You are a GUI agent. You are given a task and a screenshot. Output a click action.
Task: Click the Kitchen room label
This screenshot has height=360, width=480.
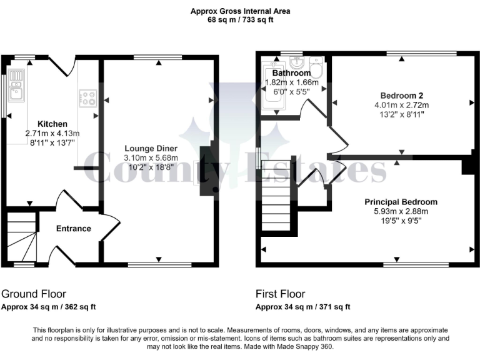[x=52, y=124]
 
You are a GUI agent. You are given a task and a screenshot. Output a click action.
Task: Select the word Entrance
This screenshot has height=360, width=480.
[x=74, y=229]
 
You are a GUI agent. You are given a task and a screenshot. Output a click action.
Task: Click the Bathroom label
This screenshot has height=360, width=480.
[x=291, y=73]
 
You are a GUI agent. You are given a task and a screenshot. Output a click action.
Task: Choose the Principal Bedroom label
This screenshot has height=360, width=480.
[x=401, y=202]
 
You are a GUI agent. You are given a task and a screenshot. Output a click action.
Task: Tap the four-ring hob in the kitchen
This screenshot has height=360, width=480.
[x=87, y=98]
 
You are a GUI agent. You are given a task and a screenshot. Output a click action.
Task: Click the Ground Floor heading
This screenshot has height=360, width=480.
[x=34, y=294]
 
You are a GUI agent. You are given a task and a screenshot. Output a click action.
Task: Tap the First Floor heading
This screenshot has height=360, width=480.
[x=279, y=294]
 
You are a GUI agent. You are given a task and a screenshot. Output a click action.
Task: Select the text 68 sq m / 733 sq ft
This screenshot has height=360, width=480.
[x=240, y=20]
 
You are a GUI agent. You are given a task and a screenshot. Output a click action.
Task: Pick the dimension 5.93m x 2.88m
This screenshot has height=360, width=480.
[x=401, y=211]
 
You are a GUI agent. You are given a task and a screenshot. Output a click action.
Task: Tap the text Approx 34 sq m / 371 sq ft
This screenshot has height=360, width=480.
[x=303, y=307]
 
